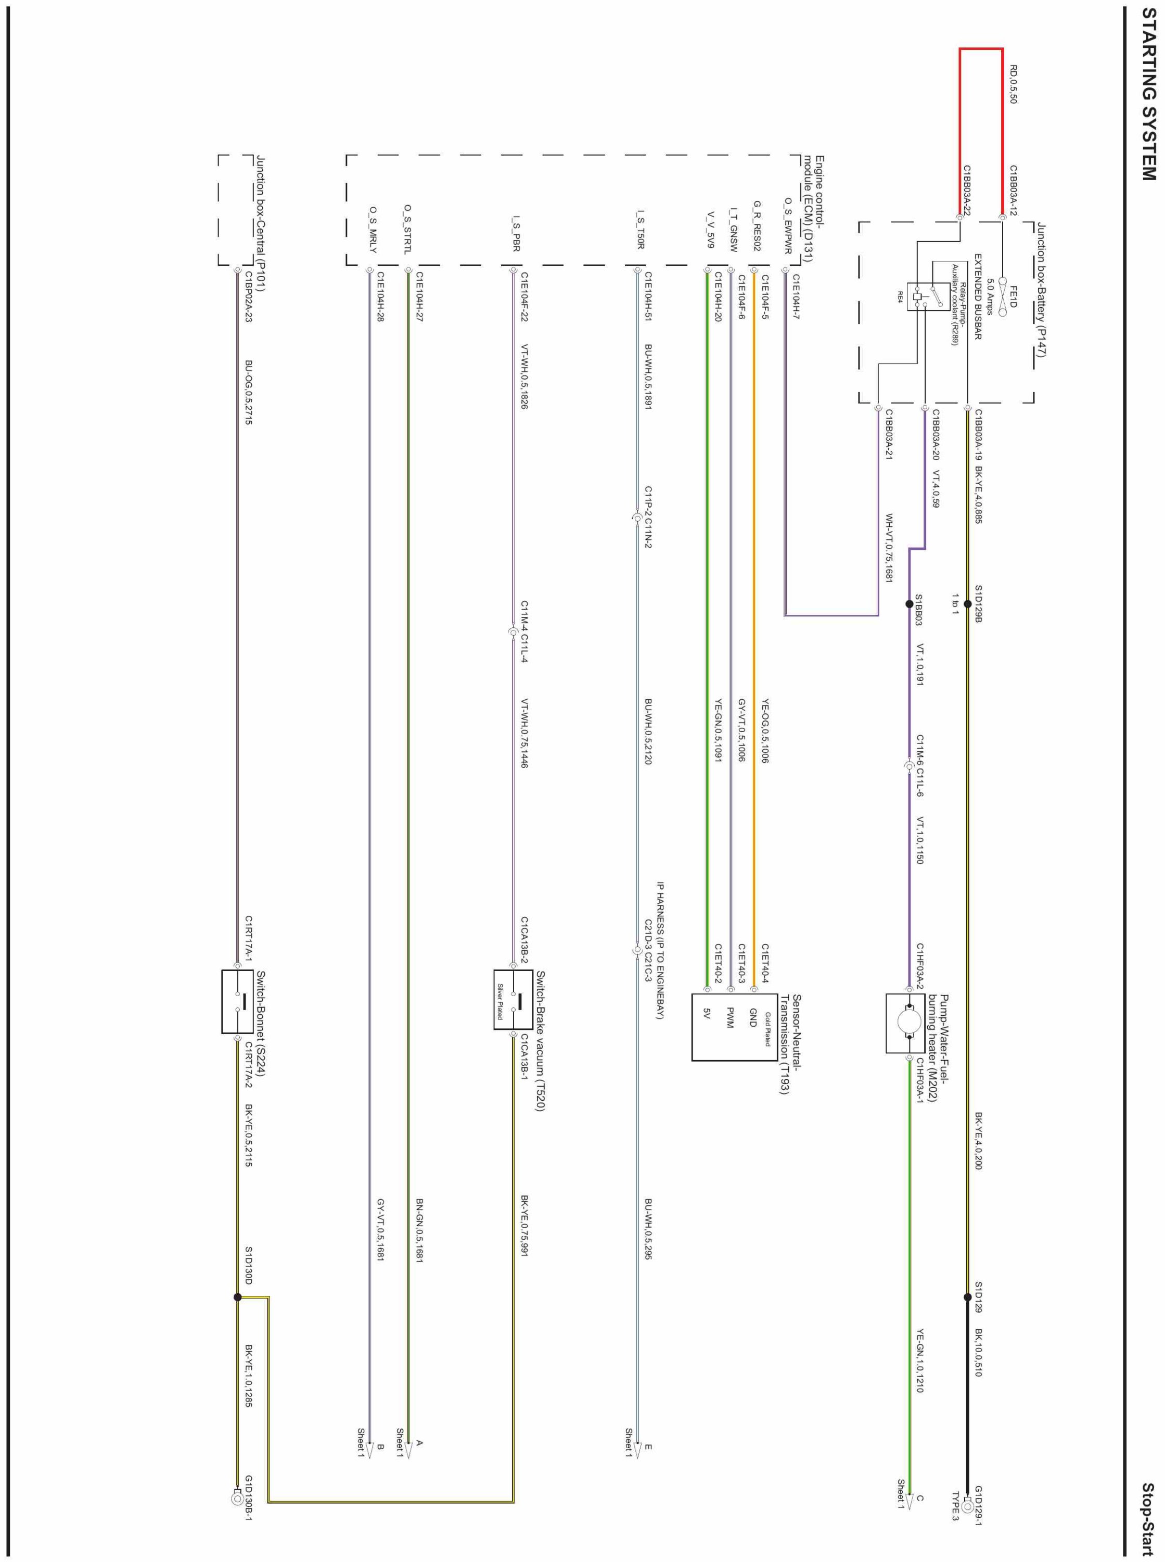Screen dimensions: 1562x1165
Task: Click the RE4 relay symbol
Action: (x=917, y=297)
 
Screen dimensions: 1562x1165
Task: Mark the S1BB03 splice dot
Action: (x=910, y=604)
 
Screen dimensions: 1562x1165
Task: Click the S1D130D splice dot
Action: (x=238, y=1297)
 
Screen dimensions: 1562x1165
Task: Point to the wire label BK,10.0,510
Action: (x=979, y=1353)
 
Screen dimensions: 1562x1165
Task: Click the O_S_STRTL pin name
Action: (x=407, y=229)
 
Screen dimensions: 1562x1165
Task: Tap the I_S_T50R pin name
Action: (x=641, y=229)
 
